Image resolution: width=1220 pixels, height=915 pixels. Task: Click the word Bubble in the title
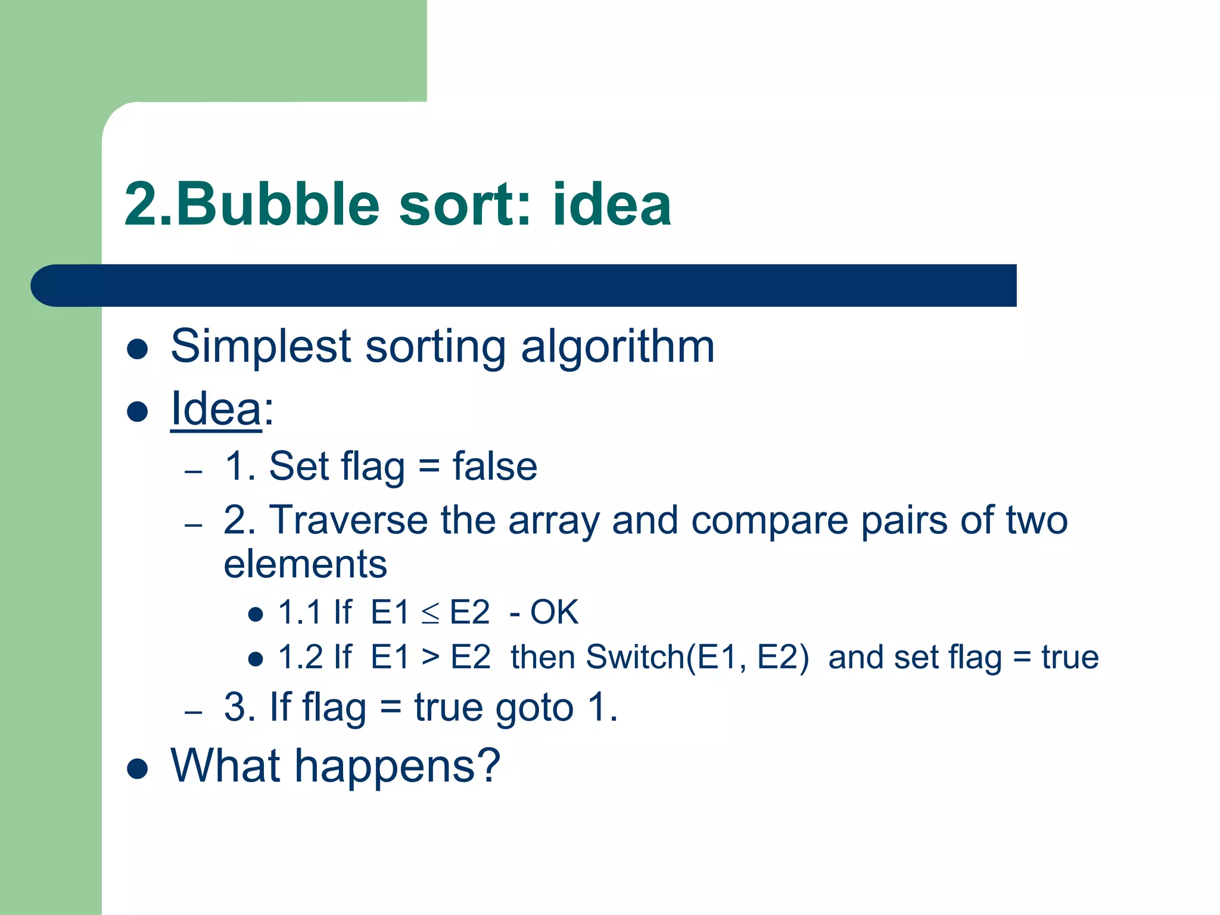point(278,204)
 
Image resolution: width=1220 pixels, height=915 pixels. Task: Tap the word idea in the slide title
point(612,204)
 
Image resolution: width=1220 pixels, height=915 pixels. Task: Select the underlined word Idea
point(216,409)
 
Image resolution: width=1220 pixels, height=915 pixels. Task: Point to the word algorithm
point(617,347)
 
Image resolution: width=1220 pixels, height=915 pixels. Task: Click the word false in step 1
point(494,466)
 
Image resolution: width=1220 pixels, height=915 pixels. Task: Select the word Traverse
point(348,520)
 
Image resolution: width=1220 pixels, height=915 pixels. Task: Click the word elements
point(305,564)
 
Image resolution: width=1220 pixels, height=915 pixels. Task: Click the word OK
point(554,612)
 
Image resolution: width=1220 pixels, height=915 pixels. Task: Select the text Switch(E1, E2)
point(697,658)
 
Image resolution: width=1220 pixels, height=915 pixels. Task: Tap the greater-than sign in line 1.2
point(430,658)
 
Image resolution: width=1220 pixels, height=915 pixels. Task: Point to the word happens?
point(397,767)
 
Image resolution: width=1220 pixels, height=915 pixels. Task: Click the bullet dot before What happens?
point(138,768)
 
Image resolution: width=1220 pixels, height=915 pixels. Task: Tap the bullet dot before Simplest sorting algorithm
point(138,349)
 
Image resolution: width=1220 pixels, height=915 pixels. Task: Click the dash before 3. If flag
point(194,712)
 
